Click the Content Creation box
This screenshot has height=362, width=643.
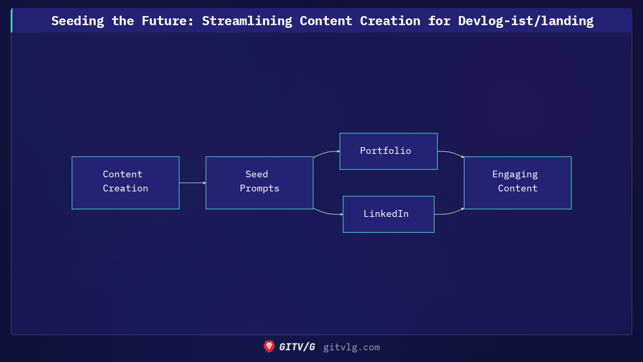tap(126, 183)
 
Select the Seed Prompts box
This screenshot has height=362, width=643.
tap(260, 183)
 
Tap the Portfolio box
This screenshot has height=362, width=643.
tap(388, 151)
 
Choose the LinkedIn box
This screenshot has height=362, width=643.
tap(388, 214)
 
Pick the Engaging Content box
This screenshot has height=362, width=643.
tap(518, 183)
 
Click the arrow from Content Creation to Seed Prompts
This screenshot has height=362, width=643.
tap(192, 183)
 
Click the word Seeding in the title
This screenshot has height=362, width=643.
tap(78, 21)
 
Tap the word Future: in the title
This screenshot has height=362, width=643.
tap(167, 21)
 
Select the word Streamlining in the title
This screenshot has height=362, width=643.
tap(247, 21)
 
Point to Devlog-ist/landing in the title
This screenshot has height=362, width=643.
tap(525, 21)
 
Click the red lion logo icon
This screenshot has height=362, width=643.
tap(269, 347)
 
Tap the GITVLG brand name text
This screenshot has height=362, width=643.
tap(297, 347)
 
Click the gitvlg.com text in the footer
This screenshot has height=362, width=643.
tap(351, 347)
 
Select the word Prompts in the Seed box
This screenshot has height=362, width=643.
tap(260, 188)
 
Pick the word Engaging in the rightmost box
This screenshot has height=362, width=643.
tap(515, 174)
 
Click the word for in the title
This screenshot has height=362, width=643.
tap(439, 21)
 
